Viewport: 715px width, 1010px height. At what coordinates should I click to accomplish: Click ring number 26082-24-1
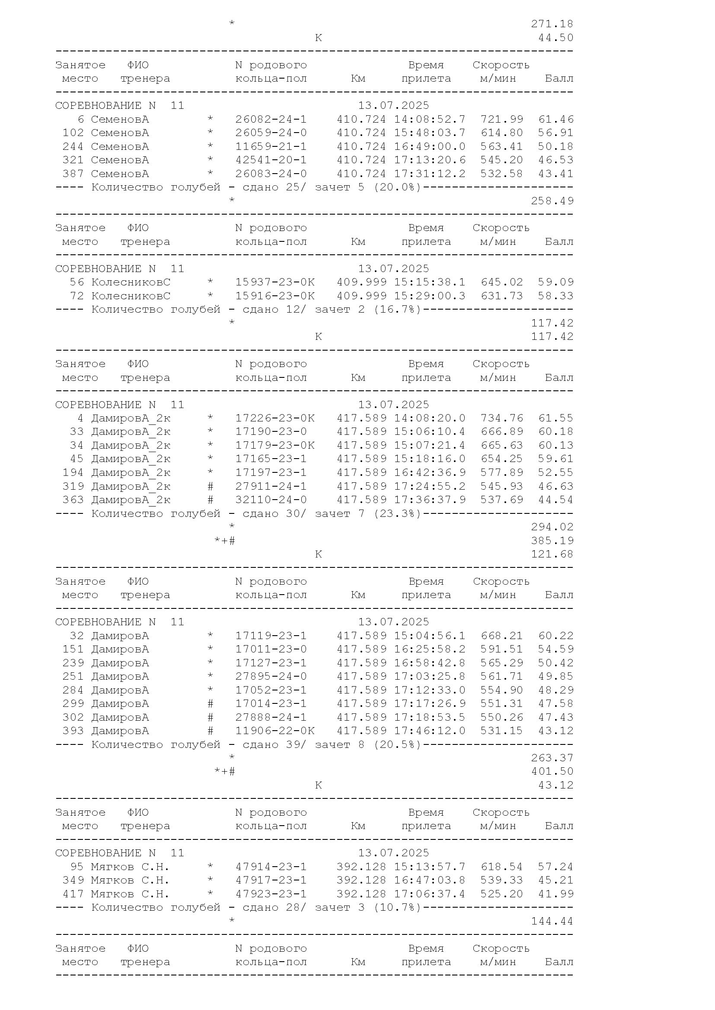(x=271, y=119)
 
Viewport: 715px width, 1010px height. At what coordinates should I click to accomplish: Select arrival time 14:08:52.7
(x=429, y=119)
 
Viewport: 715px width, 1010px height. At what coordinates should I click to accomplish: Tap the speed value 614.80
(x=501, y=133)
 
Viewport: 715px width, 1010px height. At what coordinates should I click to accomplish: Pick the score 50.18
(x=555, y=146)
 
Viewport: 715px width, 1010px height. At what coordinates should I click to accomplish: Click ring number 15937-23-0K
(x=275, y=282)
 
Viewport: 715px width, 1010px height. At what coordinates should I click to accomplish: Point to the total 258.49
(x=552, y=201)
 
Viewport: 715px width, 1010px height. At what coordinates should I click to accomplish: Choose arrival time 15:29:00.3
(x=429, y=296)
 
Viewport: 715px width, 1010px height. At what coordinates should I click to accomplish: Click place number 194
(x=73, y=472)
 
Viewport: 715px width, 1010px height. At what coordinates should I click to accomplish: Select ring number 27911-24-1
(x=271, y=486)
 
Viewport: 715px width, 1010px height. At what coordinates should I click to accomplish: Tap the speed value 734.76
(x=501, y=418)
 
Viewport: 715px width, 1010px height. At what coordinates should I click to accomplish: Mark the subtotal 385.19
(x=552, y=541)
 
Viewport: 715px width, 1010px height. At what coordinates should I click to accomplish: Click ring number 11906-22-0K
(x=275, y=731)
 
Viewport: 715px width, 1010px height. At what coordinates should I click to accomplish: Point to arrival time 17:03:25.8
(x=429, y=676)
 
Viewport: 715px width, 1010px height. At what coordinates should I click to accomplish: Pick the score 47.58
(x=555, y=703)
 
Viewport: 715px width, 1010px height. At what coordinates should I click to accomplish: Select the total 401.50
(x=552, y=771)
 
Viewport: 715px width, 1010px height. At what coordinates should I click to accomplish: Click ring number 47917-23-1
(x=271, y=880)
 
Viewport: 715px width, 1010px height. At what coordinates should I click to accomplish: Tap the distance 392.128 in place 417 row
(x=361, y=894)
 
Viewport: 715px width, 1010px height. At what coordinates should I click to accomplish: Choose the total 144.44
(x=552, y=921)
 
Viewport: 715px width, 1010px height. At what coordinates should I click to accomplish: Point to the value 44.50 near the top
(x=555, y=38)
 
